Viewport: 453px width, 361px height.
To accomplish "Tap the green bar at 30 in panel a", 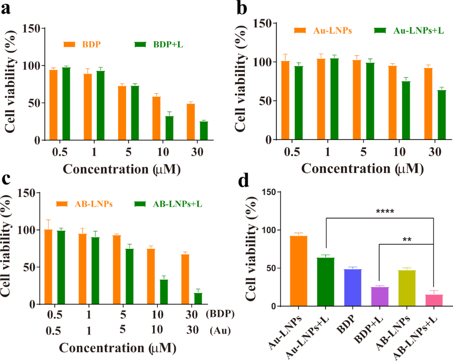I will [x=203, y=131].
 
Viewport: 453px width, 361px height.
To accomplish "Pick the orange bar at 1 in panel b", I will [x=321, y=99].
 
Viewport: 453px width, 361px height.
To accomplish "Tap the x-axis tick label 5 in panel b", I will [x=362, y=152].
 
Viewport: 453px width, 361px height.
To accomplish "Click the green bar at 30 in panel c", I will [x=198, y=299].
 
